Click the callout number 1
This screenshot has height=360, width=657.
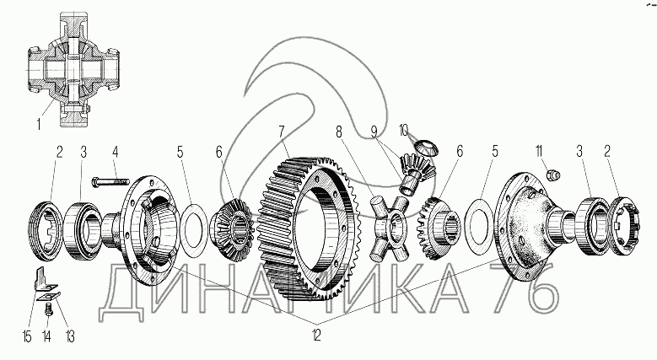click(x=39, y=124)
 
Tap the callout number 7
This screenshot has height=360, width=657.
click(x=282, y=132)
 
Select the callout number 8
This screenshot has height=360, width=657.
click(x=338, y=132)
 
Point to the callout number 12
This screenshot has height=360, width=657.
click(x=316, y=336)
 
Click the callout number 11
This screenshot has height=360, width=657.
click(x=538, y=151)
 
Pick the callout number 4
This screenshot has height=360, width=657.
click(x=115, y=152)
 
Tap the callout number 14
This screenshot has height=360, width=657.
click(x=47, y=336)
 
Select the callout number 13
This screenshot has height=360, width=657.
click(x=69, y=336)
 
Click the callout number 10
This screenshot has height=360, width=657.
click(x=403, y=131)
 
